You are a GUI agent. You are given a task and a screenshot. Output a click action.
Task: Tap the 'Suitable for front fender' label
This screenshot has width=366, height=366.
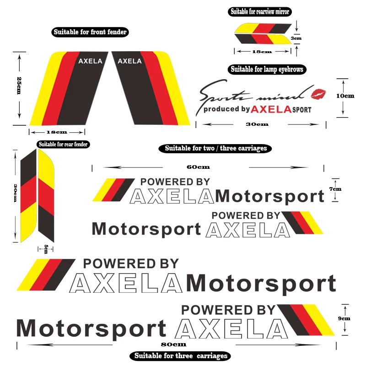tap(90, 32)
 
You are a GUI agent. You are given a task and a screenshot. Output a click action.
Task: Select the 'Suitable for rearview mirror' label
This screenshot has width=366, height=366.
tap(260, 11)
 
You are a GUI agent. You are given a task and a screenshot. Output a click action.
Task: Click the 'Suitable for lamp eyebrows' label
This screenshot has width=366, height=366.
tap(267, 69)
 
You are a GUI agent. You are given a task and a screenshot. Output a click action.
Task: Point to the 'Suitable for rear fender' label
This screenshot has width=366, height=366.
tap(63, 144)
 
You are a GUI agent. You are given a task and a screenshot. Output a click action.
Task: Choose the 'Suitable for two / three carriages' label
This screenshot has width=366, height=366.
tap(215, 148)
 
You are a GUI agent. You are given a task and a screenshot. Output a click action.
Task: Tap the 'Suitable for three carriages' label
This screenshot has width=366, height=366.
tap(180, 355)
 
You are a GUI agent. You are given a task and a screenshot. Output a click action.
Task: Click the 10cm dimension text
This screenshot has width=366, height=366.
tap(345, 96)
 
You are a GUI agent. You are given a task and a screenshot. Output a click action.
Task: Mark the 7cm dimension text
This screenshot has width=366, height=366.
tap(335, 188)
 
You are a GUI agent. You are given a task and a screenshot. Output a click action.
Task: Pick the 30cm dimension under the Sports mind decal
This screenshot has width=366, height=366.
tap(257, 124)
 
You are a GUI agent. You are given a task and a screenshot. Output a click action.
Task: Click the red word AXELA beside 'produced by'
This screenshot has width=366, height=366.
tap(271, 109)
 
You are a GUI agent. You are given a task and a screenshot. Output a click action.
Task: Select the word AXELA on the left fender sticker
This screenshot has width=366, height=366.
tap(90, 61)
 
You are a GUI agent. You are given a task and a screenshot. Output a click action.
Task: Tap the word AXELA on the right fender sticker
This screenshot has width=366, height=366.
tap(129, 61)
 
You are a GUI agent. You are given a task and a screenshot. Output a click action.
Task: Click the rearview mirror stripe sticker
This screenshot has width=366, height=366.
tap(263, 33)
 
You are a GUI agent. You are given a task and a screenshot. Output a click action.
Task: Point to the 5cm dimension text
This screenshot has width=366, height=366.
tap(46, 248)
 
